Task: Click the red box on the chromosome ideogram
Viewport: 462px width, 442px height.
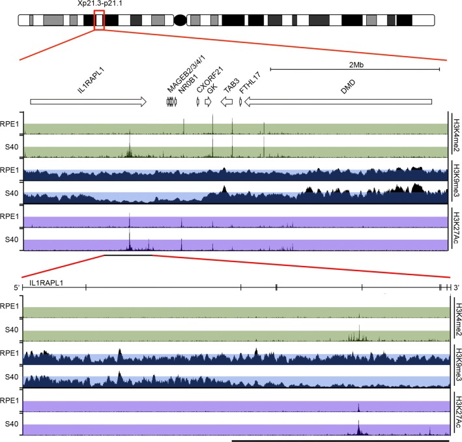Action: point(99,20)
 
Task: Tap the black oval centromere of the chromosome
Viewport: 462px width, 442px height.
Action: point(180,21)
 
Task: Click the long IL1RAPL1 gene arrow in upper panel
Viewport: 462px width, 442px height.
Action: point(88,102)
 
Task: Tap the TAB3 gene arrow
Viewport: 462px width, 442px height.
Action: point(225,102)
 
